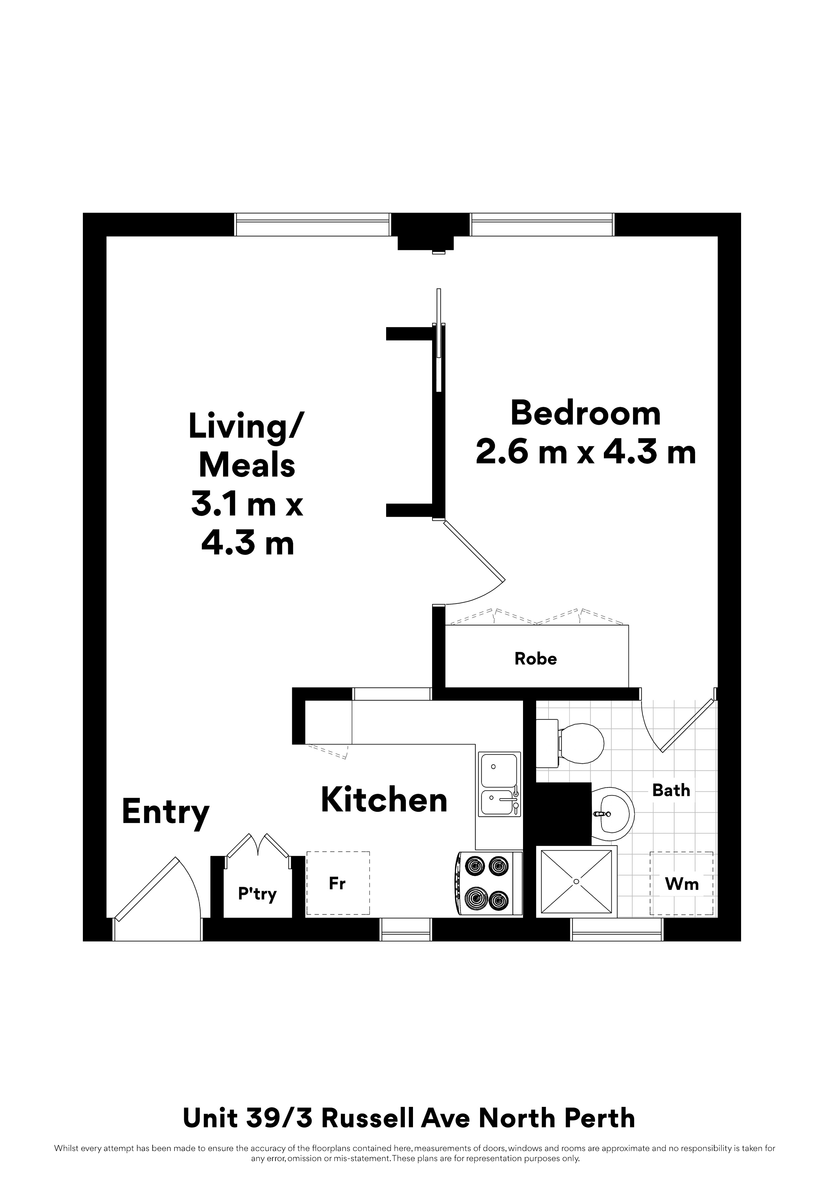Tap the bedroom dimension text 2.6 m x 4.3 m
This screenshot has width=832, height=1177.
[586, 452]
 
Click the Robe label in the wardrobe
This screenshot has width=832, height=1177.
[536, 658]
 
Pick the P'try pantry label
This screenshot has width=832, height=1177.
[257, 894]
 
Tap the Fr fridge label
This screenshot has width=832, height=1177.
[337, 883]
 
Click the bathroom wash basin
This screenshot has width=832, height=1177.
[613, 814]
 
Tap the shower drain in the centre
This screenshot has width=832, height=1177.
[576, 882]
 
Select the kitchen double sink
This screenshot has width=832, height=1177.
[500, 784]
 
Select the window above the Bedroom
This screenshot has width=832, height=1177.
[542, 224]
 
